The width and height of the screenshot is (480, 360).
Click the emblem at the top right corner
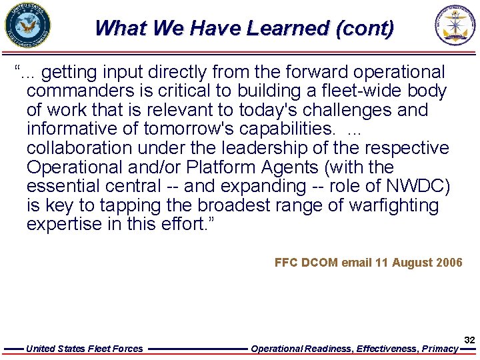[x=457, y=26]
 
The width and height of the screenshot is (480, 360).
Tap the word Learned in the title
[x=288, y=29]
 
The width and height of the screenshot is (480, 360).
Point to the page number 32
[x=469, y=340]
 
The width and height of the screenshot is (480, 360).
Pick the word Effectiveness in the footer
[x=387, y=349]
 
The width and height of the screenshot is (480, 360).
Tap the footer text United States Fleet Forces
[x=84, y=349]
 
